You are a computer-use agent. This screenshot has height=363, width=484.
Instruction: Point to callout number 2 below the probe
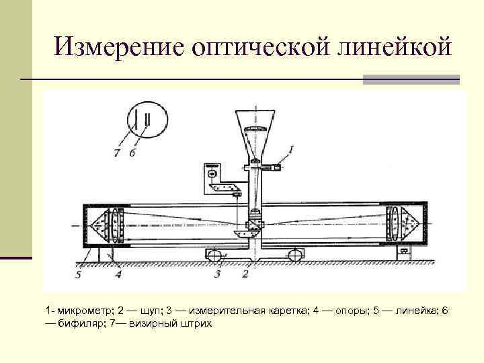tap(245, 274)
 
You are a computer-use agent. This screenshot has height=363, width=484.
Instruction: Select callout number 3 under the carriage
tap(216, 274)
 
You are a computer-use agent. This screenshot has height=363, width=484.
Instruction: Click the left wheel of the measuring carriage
tap(214, 255)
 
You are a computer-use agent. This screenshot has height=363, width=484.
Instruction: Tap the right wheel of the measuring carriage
tap(294, 255)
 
